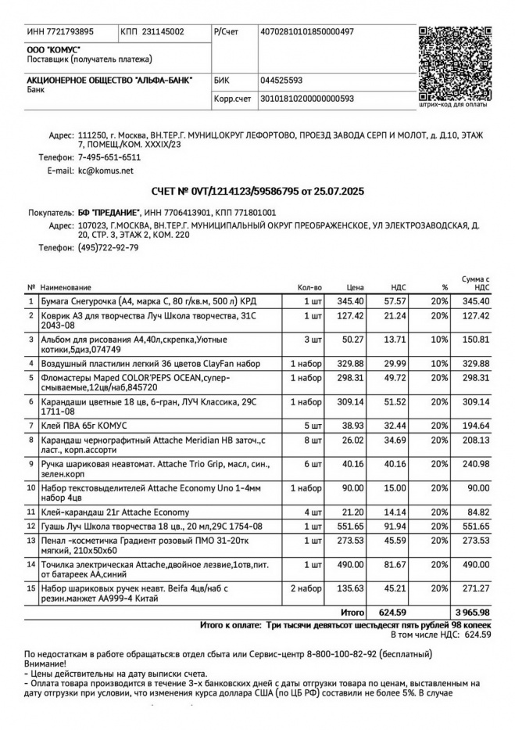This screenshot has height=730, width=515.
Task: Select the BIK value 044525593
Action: (x=281, y=81)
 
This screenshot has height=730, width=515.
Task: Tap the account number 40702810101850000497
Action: (x=307, y=32)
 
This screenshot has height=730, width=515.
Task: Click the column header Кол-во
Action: (x=309, y=288)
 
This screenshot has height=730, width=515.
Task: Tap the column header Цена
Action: (x=356, y=288)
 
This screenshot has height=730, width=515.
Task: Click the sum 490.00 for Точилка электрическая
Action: (x=475, y=565)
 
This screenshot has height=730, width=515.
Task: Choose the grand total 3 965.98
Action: (x=471, y=612)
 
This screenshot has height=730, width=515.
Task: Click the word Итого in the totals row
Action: (x=352, y=612)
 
